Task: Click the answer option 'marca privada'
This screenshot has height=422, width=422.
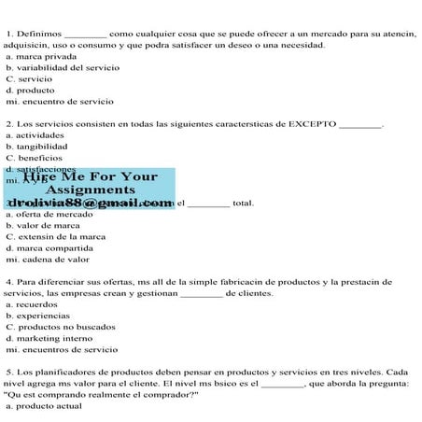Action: coord(41,56)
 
